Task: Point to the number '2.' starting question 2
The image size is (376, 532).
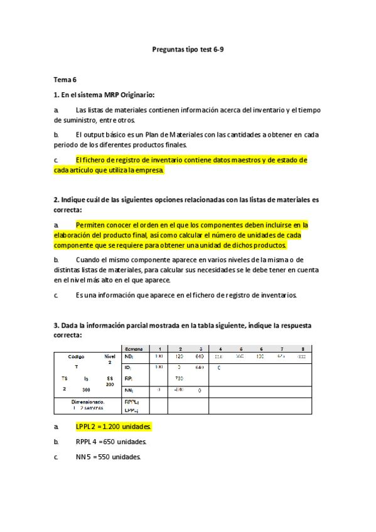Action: pos(56,199)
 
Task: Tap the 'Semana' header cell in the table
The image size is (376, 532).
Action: pos(134,348)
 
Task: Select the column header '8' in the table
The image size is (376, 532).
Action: pos(303,348)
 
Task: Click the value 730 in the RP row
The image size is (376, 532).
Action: pos(179,378)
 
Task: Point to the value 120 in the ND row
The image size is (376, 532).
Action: pos(179,356)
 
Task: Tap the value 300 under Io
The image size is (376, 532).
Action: pos(86,390)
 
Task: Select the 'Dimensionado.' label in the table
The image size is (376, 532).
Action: pos(88,402)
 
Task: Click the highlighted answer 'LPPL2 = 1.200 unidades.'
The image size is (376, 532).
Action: pos(114,427)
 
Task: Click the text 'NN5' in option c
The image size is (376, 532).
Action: pos(83,457)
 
